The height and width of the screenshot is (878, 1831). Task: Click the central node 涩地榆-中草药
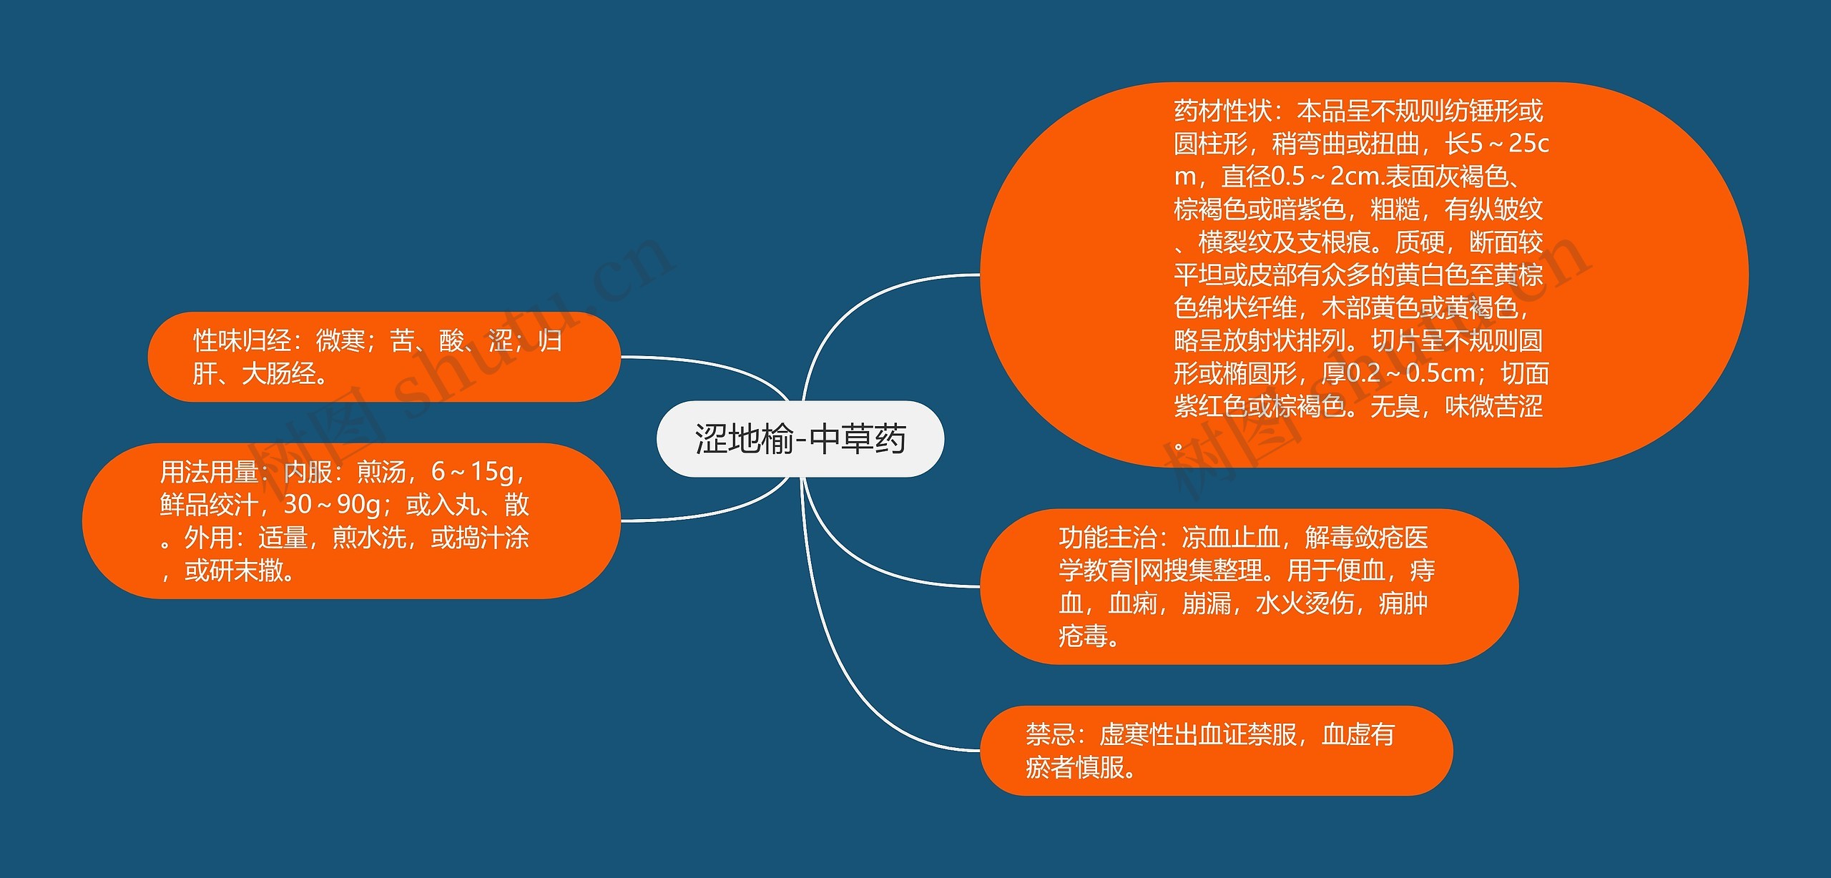[800, 438]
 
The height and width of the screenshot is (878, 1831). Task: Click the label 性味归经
[242, 340]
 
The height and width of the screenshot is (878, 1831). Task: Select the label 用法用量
[209, 472]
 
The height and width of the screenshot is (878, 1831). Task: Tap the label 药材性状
[1223, 111]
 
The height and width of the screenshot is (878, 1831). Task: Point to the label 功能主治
[1108, 537]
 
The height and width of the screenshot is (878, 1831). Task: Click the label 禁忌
[1051, 734]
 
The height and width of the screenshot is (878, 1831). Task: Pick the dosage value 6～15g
[472, 472]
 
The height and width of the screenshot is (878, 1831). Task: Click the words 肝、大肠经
[254, 373]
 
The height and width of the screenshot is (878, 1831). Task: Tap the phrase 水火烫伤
[1305, 603]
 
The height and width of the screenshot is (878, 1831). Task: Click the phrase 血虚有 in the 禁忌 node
[1358, 734]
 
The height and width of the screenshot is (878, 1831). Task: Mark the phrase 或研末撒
[234, 571]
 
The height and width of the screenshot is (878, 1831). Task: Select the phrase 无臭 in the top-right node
[1395, 406]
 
